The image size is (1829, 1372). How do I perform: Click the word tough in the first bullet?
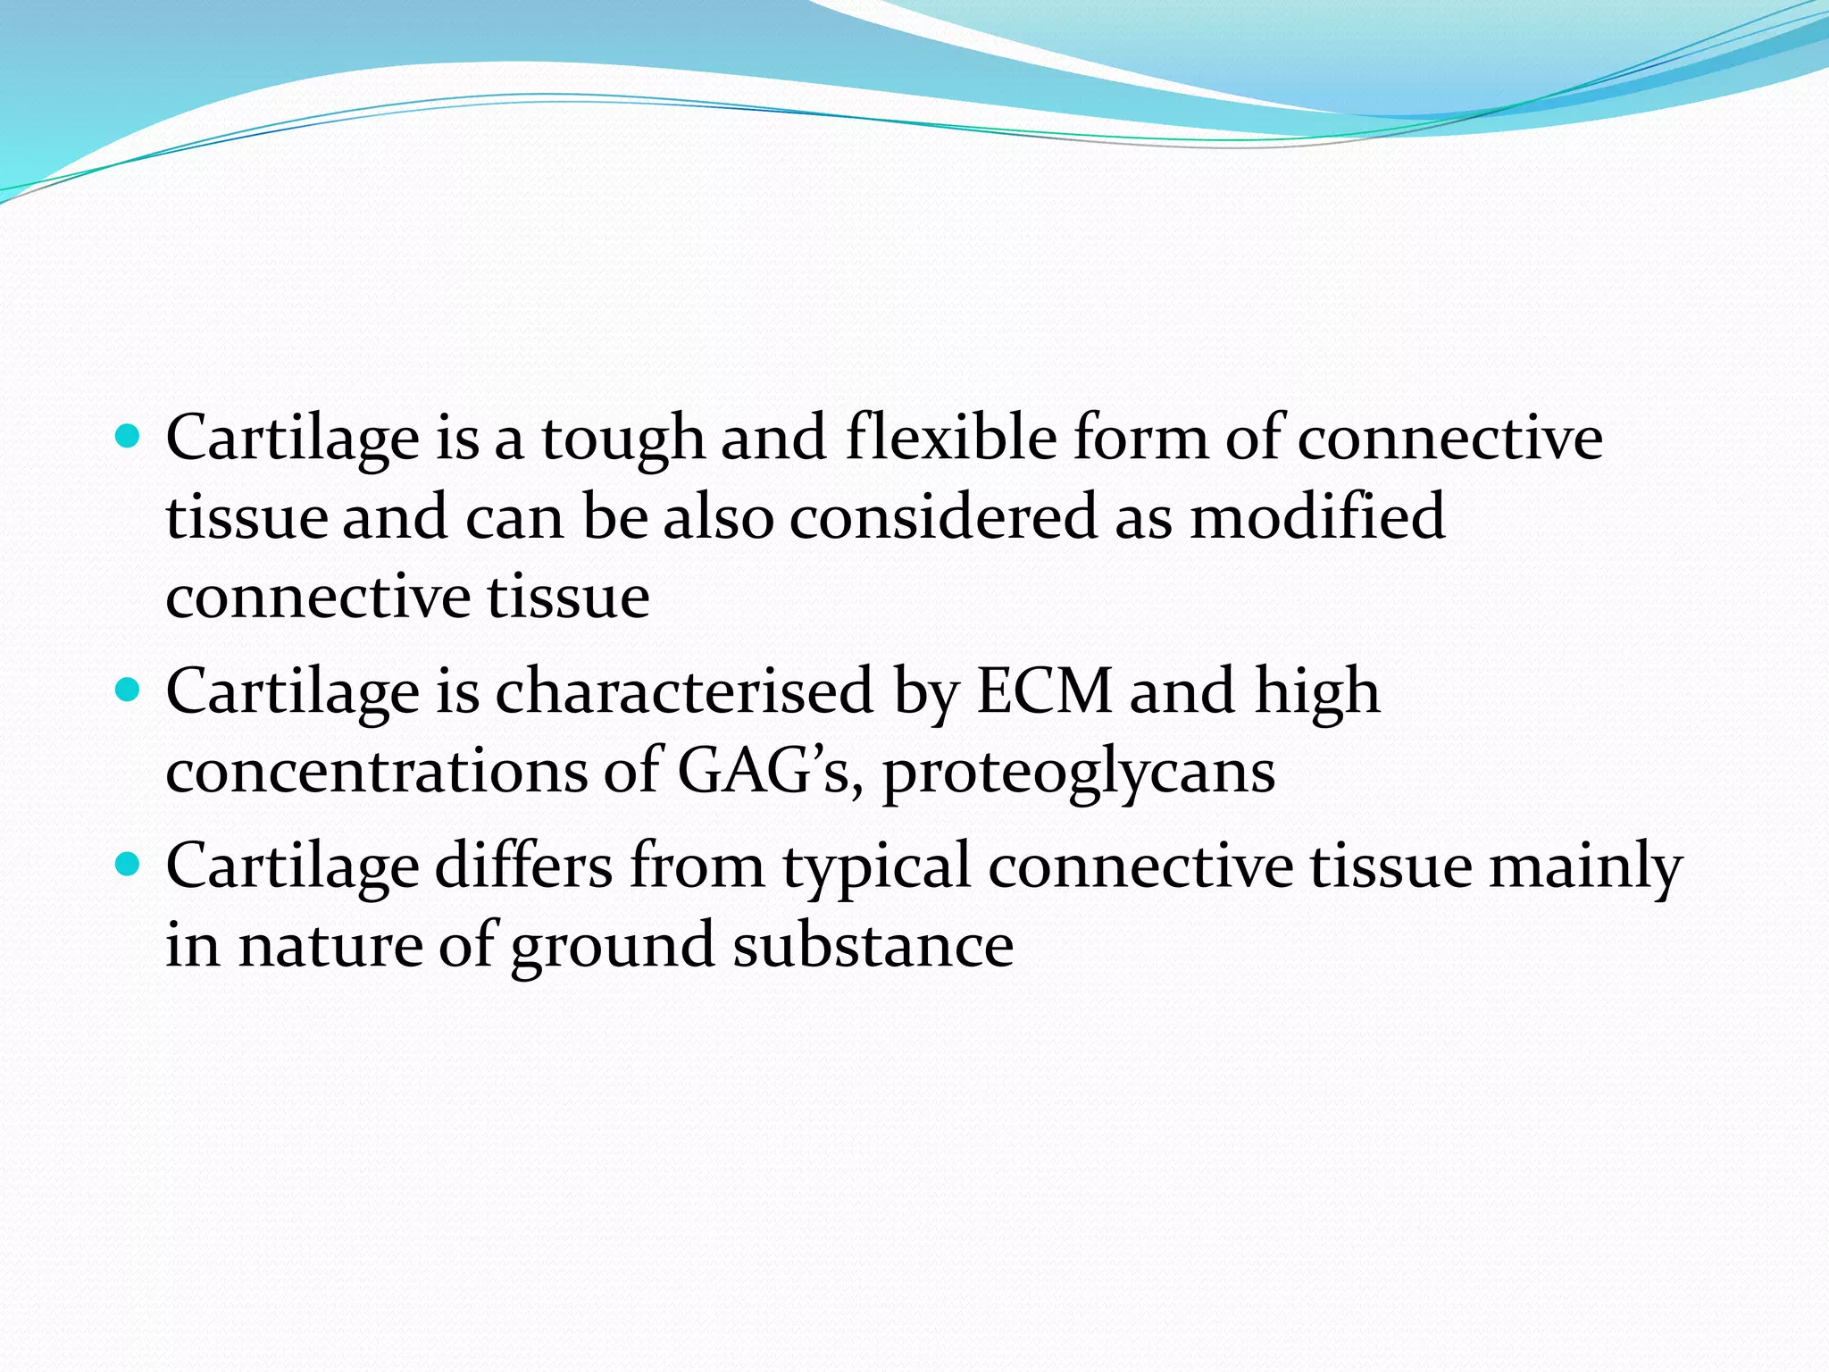pos(622,439)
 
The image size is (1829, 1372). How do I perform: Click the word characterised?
pos(684,691)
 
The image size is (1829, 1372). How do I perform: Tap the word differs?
pos(523,866)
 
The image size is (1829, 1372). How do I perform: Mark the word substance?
pos(873,945)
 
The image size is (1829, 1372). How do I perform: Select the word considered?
pos(943,516)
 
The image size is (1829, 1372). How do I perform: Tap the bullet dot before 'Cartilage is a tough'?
pos(129,437)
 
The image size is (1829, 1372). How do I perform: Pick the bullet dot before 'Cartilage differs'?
pos(129,865)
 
